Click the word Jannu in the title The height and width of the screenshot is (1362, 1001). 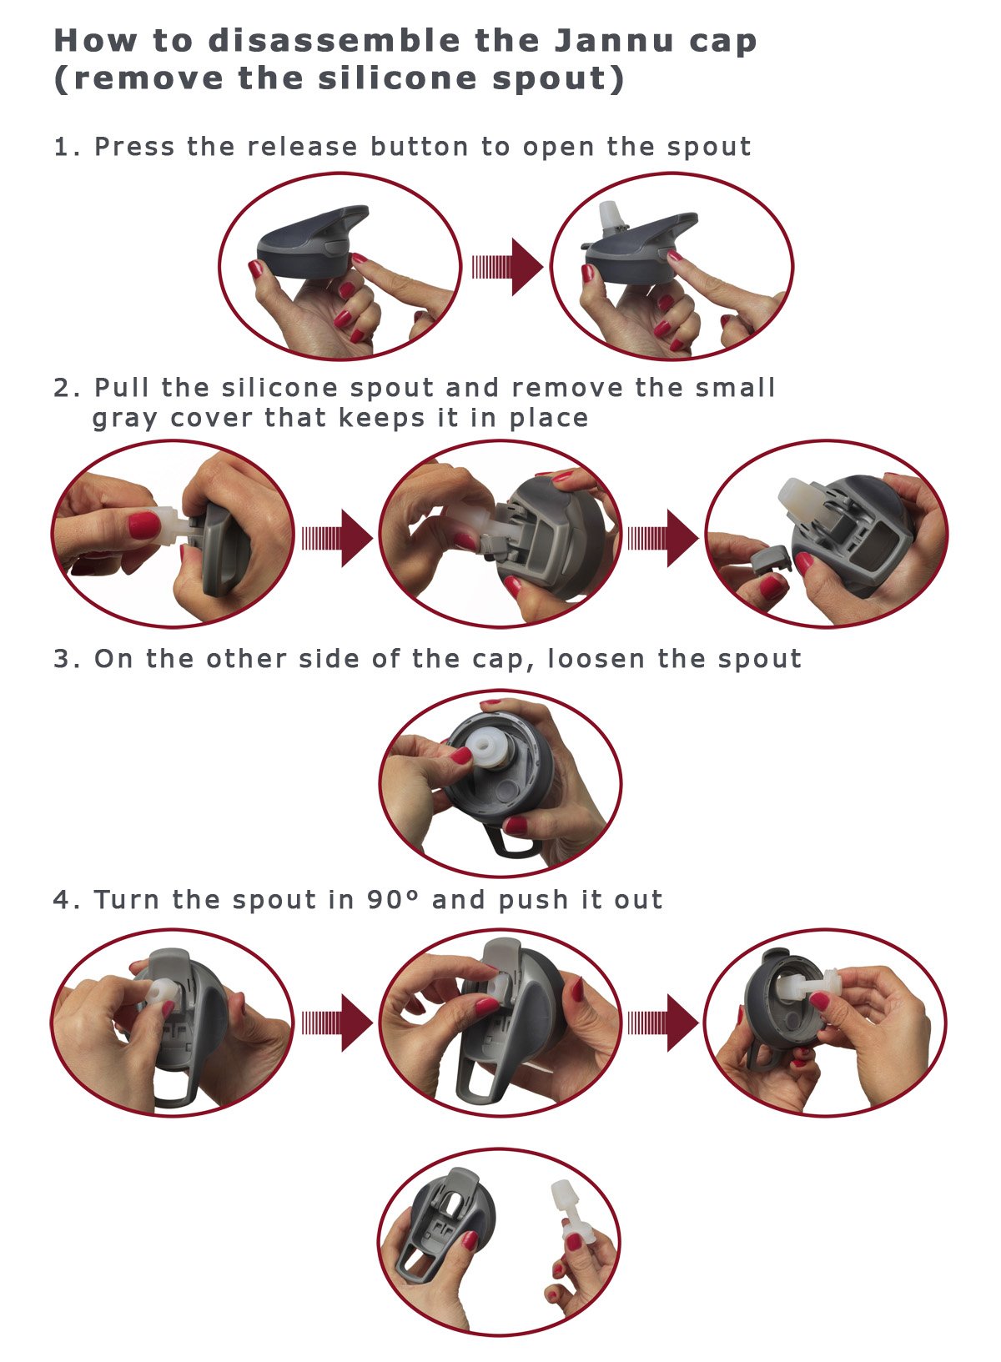tap(613, 41)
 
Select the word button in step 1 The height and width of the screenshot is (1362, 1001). tap(420, 147)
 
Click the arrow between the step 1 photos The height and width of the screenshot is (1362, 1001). tap(508, 268)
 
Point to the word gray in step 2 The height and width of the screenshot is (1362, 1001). tap(124, 420)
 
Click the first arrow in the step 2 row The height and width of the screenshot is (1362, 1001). tap(338, 538)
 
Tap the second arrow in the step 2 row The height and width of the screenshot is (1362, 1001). tap(663, 538)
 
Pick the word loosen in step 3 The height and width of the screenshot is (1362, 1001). tap(596, 659)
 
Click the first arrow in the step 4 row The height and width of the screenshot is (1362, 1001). tap(338, 1023)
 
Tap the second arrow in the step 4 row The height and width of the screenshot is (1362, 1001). tap(663, 1023)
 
